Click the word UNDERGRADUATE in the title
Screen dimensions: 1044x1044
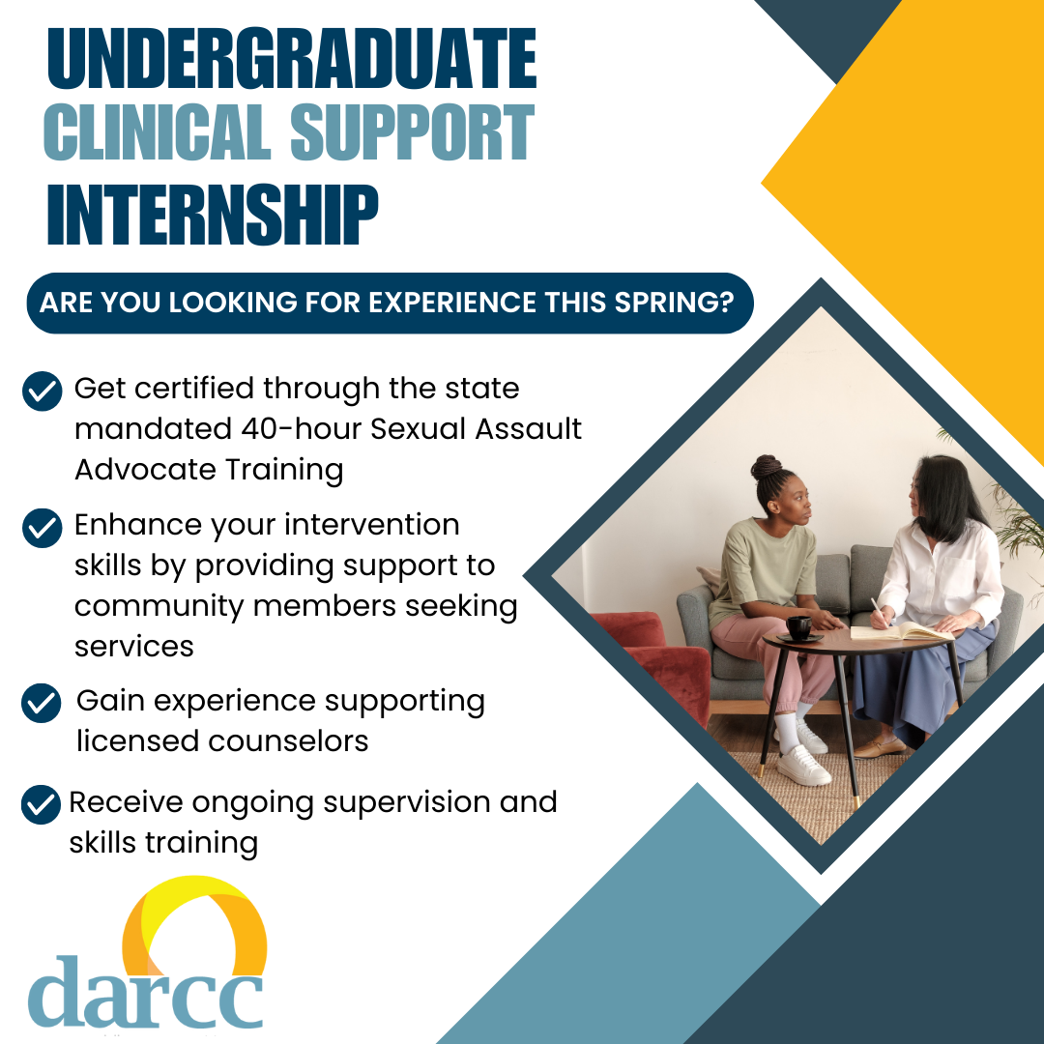[x=291, y=61]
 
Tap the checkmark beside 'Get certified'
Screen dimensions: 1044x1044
[x=42, y=391]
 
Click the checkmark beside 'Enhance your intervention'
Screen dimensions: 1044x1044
[x=42, y=528]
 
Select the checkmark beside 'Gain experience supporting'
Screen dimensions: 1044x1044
[x=42, y=703]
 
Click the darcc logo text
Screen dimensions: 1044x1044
[x=145, y=993]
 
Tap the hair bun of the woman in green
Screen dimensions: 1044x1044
[x=767, y=469]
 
